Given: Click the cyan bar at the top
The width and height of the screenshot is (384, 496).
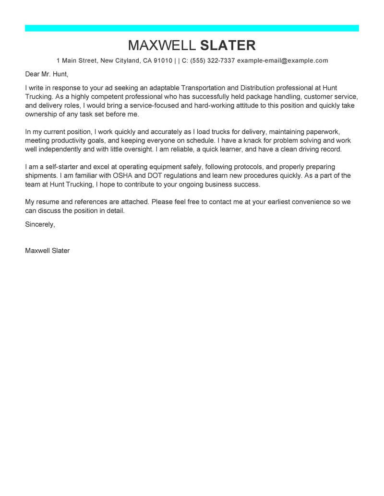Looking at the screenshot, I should click(x=192, y=28).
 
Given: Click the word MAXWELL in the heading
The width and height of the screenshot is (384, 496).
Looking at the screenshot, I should click(x=161, y=46).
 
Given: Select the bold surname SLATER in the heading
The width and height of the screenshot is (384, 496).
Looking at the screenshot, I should click(x=228, y=46).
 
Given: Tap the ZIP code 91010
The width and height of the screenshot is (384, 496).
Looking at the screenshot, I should click(x=162, y=61).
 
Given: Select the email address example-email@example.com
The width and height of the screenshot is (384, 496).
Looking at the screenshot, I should click(x=283, y=61).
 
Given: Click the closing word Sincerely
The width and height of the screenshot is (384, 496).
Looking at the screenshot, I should click(x=40, y=224).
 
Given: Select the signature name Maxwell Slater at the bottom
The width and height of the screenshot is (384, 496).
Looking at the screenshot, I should click(x=47, y=251).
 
